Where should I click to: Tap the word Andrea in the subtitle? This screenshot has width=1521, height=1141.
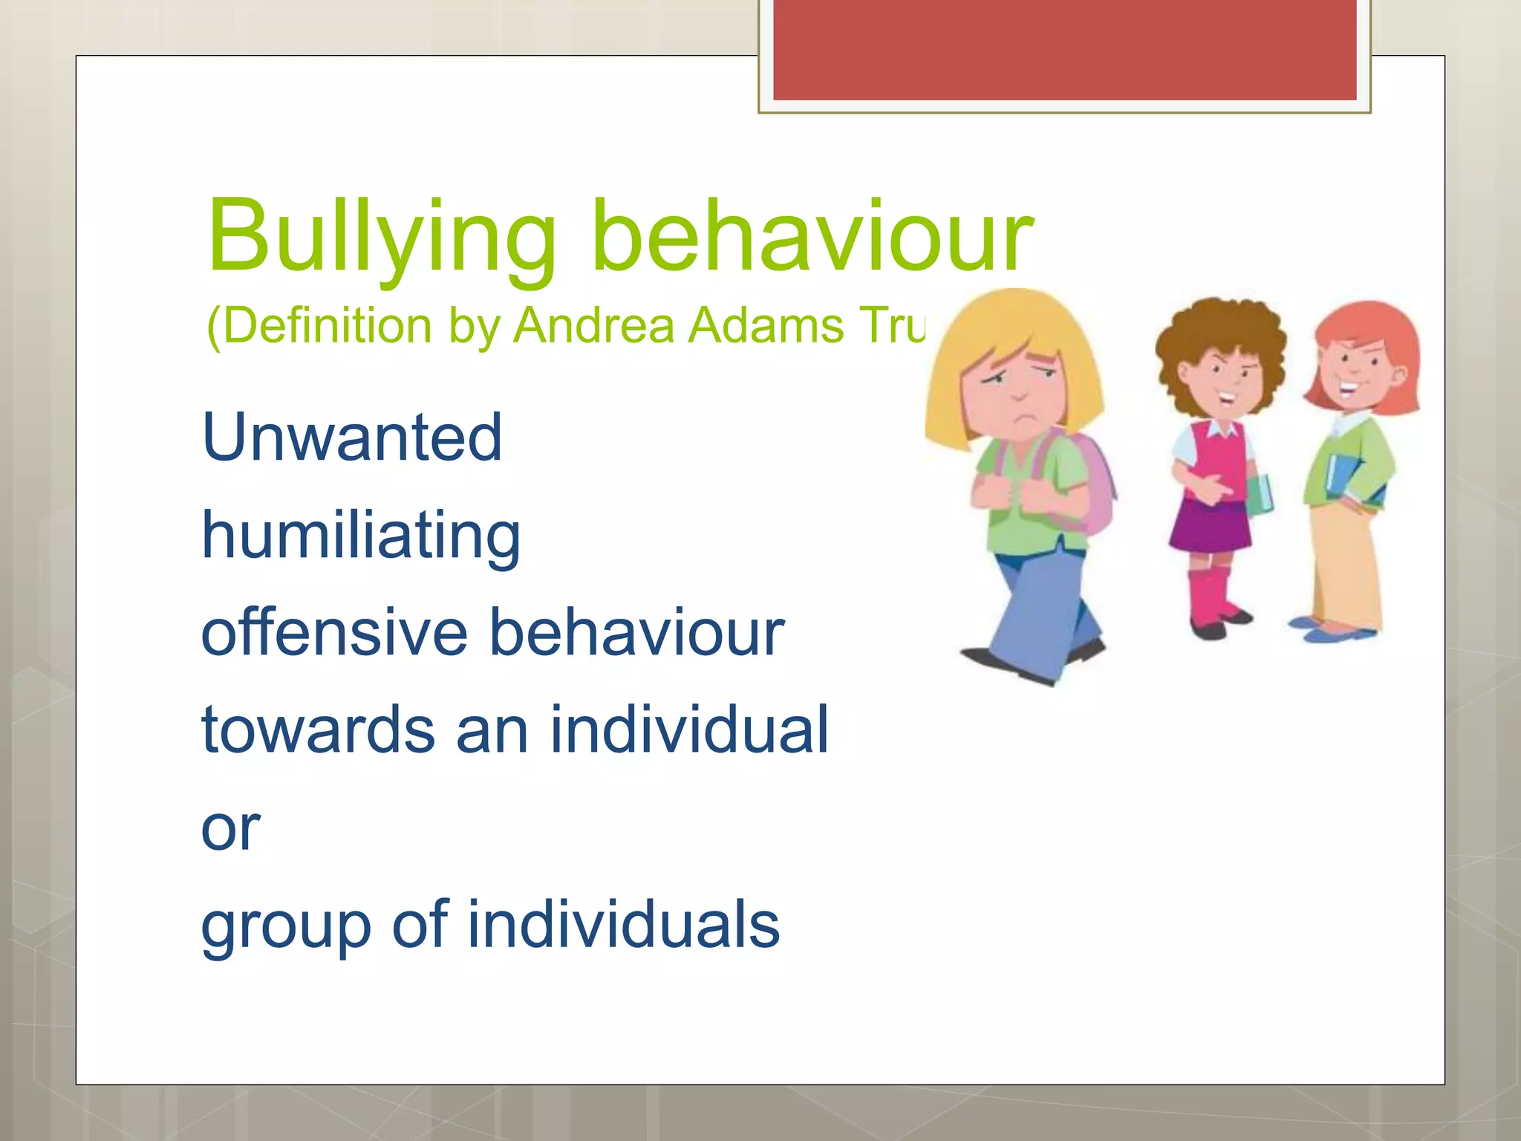[594, 326]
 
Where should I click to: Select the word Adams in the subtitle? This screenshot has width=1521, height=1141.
[765, 326]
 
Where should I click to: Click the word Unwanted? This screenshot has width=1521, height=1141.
[352, 438]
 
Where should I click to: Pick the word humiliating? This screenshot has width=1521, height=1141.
[361, 536]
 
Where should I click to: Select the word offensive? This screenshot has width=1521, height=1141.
[334, 633]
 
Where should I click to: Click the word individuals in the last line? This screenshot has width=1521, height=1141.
[623, 925]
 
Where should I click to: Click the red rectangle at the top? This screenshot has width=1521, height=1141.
[1064, 49]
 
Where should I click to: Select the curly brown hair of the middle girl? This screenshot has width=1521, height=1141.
[1218, 327]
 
